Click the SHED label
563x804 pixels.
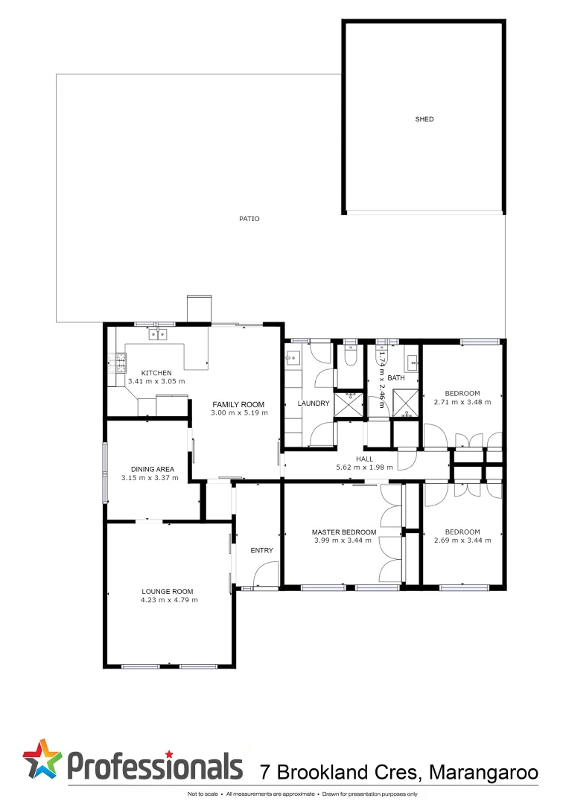point(424,119)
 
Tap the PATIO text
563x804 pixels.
point(249,219)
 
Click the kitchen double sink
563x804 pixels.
point(158,334)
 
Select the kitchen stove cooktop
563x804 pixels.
point(117,364)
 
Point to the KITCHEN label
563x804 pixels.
point(156,373)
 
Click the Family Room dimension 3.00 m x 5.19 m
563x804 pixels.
point(238,412)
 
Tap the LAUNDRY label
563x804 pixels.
point(314,403)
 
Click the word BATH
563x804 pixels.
point(395,378)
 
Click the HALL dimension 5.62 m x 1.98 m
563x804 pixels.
point(364,468)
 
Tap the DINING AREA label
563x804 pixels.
point(153,469)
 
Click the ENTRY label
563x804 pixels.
point(261,551)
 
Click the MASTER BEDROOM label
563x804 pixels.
point(343,532)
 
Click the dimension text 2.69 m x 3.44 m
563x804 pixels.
point(462,540)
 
